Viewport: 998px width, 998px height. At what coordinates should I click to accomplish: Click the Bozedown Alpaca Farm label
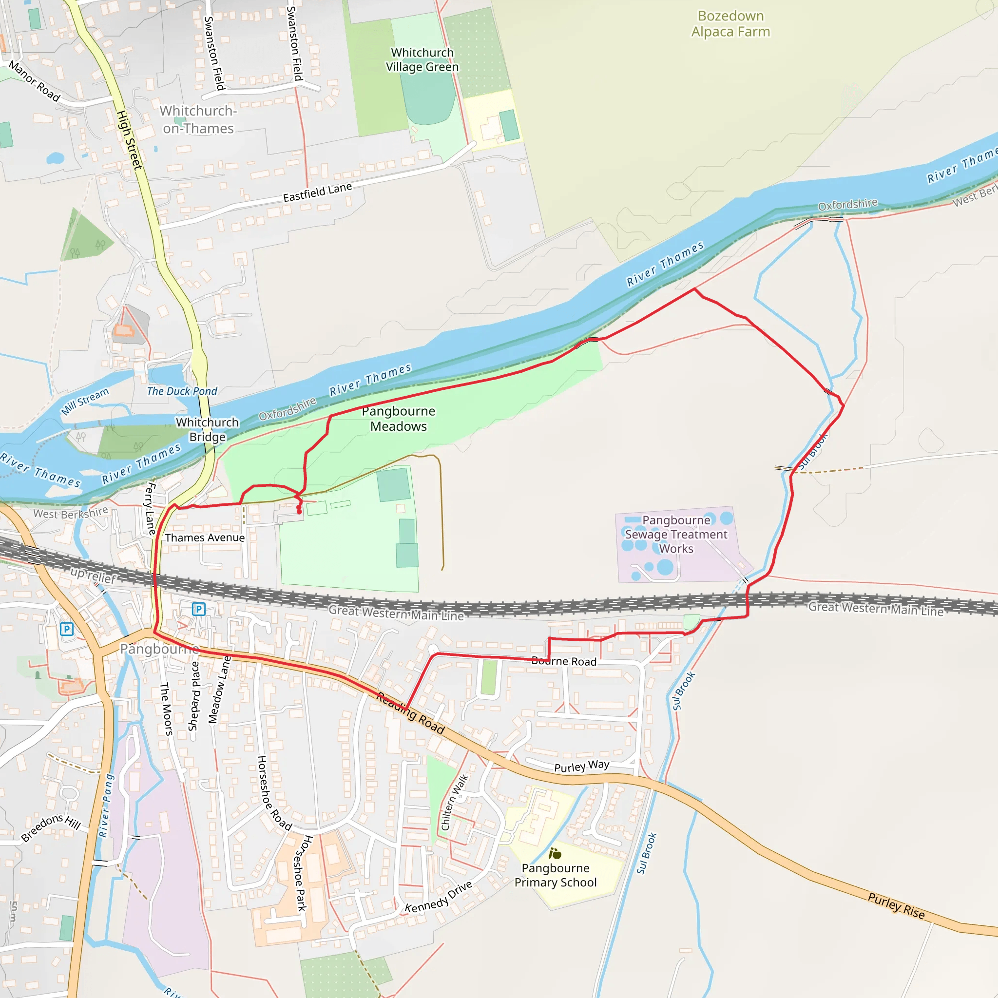[x=730, y=24]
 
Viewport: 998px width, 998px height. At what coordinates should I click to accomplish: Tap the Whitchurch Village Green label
[x=422, y=59]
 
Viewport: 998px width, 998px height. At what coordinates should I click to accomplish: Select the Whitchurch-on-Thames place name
[x=198, y=119]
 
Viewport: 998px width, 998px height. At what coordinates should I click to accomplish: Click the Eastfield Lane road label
[x=317, y=192]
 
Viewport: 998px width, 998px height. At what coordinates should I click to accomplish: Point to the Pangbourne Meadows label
[x=398, y=419]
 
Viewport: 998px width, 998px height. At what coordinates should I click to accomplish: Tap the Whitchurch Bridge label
[x=207, y=429]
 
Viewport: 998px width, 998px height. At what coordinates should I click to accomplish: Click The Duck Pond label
[x=182, y=391]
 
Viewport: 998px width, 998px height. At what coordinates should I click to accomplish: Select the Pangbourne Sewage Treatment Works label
[x=676, y=534]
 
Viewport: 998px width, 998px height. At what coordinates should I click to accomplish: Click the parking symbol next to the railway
[x=199, y=609]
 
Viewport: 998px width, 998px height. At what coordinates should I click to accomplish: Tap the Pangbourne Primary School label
[x=556, y=875]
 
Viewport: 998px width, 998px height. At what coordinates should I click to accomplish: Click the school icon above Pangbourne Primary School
[x=555, y=853]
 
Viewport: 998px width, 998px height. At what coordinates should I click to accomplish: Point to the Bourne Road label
[x=564, y=661]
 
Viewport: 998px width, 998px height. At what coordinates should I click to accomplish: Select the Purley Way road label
[x=582, y=766]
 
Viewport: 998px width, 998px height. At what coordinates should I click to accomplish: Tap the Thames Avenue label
[x=205, y=538]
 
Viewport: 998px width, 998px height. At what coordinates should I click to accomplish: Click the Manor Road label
[x=35, y=81]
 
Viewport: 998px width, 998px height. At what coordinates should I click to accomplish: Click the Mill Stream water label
[x=85, y=401]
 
